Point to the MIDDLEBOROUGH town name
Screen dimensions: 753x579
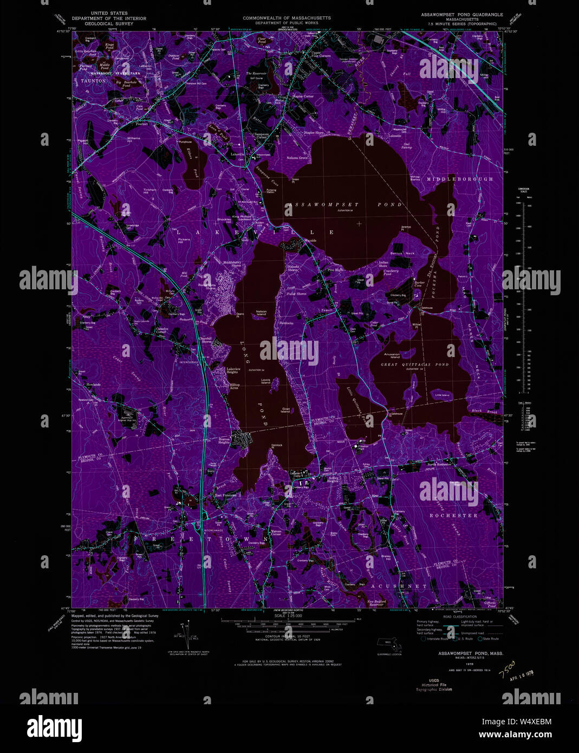click(459, 179)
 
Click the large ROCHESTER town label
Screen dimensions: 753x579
click(453, 515)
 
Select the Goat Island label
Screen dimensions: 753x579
click(285, 410)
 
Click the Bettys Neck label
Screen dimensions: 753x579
click(402, 253)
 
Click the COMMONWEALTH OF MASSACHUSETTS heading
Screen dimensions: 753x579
click(287, 18)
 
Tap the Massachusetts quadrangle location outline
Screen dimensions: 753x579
click(392, 645)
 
